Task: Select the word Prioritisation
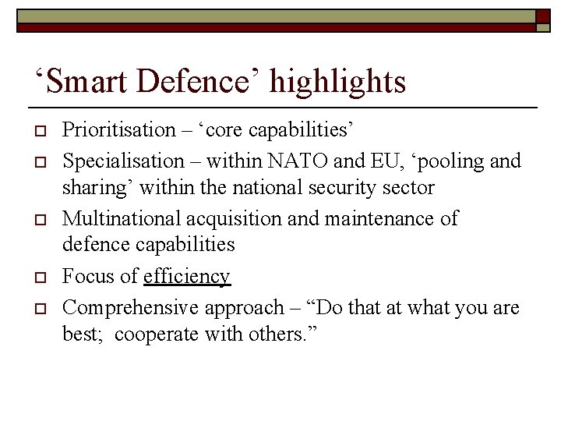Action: tap(119, 130)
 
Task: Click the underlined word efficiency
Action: tap(187, 277)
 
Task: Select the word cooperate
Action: tap(159, 336)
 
